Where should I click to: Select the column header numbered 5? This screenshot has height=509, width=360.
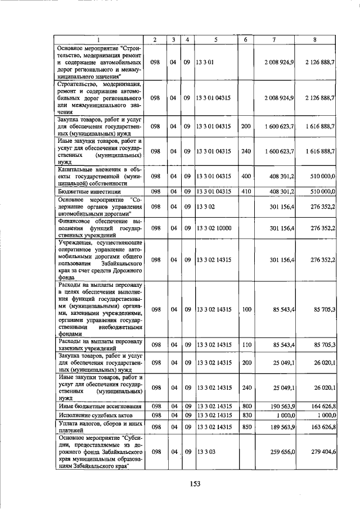(215, 39)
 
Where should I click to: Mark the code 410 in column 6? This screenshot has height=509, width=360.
(245, 192)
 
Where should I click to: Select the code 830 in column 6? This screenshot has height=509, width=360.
(245, 415)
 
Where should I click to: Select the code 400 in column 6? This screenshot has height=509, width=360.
(245, 176)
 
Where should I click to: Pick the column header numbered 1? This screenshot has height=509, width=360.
(98, 39)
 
